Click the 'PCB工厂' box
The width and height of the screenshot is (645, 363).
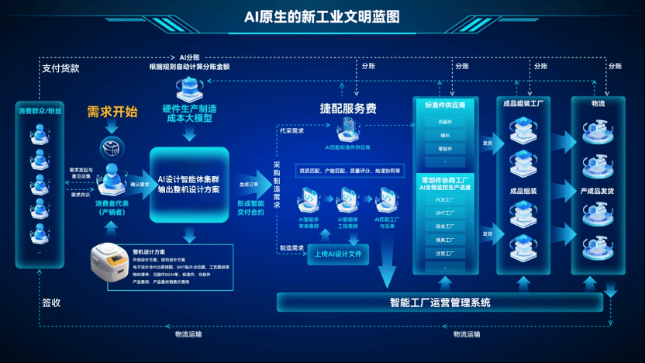coord(445,199)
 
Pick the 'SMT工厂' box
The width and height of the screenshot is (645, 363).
coord(445,213)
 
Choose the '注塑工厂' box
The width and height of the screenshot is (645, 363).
coord(445,253)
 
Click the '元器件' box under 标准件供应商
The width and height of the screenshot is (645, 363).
coord(445,122)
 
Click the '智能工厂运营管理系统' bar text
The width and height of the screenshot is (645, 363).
coord(440,302)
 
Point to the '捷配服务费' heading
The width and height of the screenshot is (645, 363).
coord(348,109)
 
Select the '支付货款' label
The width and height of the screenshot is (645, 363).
coord(60,67)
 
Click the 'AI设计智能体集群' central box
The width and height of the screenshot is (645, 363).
coord(188,183)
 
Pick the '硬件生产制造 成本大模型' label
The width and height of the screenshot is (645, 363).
coord(191,114)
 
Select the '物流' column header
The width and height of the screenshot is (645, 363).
coord(598,102)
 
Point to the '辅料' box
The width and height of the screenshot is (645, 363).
coord(445,135)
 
